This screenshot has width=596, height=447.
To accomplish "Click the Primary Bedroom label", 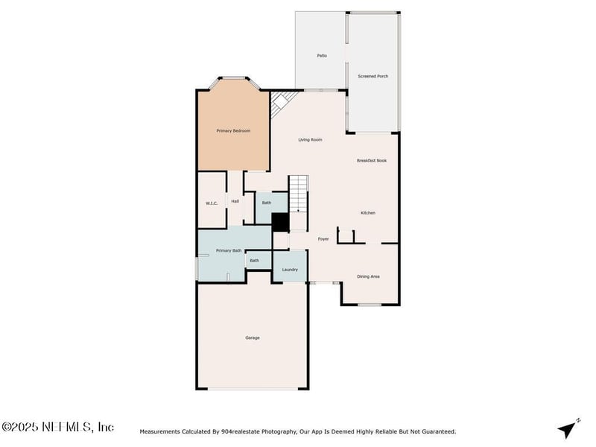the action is tap(233, 131).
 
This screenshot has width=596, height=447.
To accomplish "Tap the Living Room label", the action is tap(310, 140).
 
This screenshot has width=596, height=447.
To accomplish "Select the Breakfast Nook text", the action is tap(372, 160).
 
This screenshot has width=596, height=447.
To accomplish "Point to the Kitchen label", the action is tap(368, 213).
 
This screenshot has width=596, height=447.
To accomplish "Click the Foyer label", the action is tap(323, 238).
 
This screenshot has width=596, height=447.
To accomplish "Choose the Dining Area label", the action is tap(368, 276).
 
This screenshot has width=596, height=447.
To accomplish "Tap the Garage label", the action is tap(253, 337).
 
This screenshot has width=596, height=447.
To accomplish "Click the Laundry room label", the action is tap(290, 270).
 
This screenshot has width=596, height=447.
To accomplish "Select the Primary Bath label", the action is tap(229, 250).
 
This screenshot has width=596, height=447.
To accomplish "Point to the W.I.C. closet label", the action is tap(212, 203).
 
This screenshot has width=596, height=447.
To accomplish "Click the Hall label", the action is tap(235, 201).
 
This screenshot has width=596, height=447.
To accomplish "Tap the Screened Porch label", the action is tap(373, 76).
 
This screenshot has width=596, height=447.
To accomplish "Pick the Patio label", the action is tap(322, 55).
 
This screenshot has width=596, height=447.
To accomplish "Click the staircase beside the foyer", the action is tap(299, 194).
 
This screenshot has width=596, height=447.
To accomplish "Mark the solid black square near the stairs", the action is tap(281, 222).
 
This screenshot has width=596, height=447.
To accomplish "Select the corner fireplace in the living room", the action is tap(282, 103).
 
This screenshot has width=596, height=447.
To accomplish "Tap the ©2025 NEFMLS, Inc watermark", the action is tap(57, 427).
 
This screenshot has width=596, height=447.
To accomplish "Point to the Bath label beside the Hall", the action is tap(267, 203).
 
